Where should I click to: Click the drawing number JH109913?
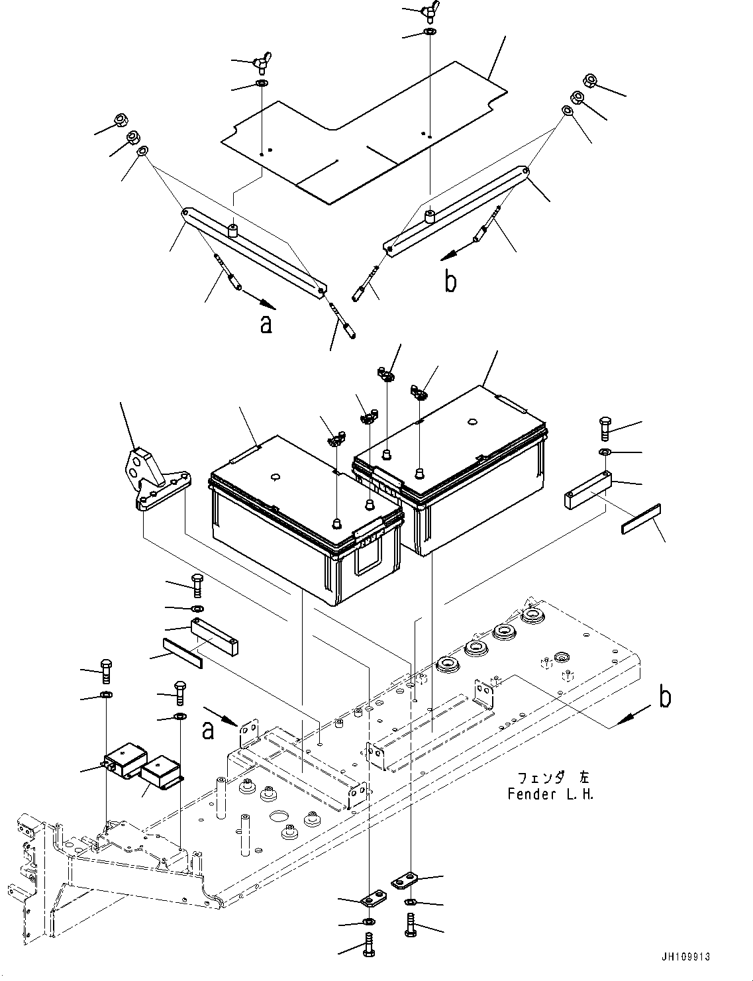pyautogui.click(x=684, y=956)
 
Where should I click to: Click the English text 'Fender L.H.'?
pyautogui.click(x=550, y=794)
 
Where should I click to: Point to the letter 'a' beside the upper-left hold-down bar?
pyautogui.click(x=266, y=325)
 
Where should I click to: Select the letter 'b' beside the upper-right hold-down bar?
pyautogui.click(x=451, y=282)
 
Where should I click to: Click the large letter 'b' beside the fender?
pyautogui.click(x=665, y=697)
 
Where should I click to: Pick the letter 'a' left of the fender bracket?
pyautogui.click(x=208, y=729)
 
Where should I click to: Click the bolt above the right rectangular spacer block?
pyautogui.click(x=605, y=429)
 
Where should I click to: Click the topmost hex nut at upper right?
pyautogui.click(x=591, y=81)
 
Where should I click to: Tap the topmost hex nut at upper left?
pyautogui.click(x=121, y=120)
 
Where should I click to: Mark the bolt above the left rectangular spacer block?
pyautogui.click(x=197, y=586)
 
